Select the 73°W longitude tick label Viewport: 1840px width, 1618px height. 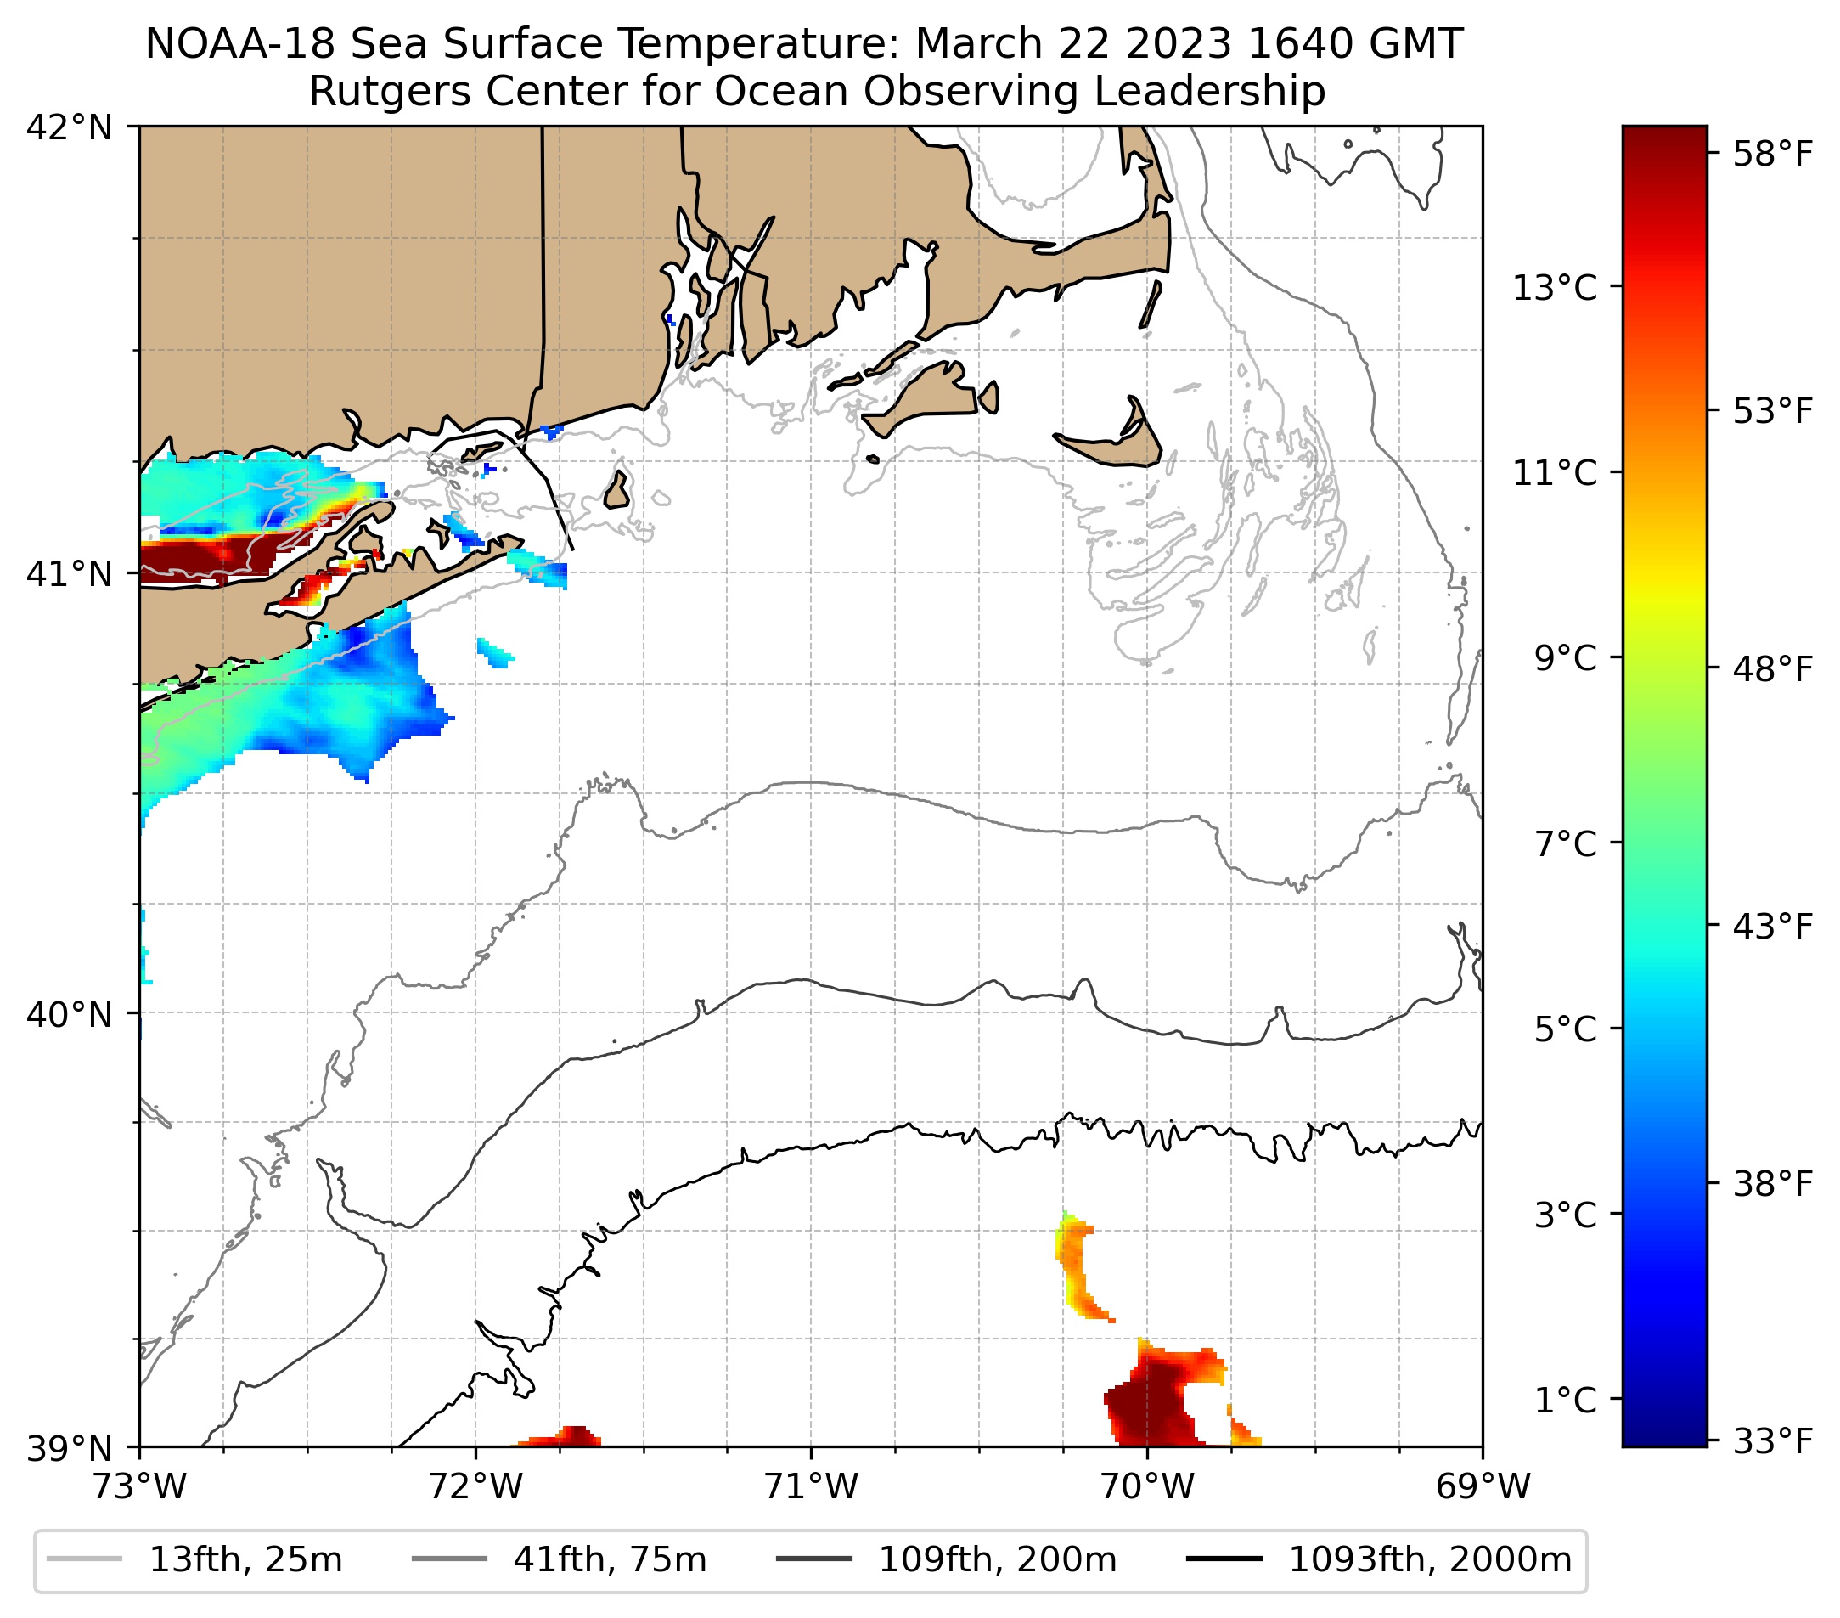139,1486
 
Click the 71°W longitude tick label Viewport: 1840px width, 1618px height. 811,1486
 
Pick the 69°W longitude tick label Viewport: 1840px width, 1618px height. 1483,1486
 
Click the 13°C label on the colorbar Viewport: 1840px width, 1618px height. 1555,289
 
